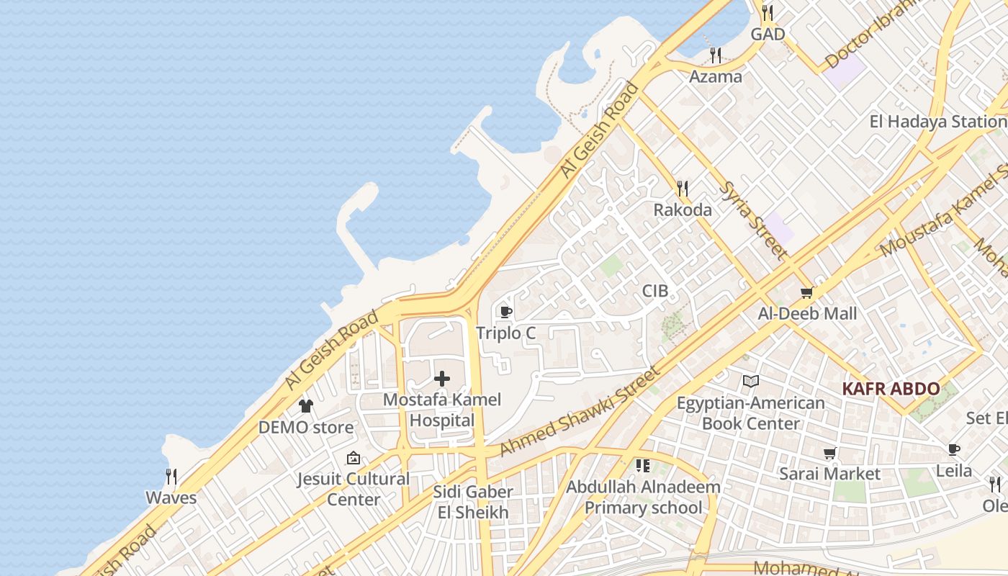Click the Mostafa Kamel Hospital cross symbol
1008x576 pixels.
(x=442, y=379)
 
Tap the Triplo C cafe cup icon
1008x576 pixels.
(x=506, y=312)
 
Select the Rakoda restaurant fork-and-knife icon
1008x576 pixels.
(x=683, y=189)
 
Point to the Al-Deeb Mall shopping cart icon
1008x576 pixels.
(x=807, y=292)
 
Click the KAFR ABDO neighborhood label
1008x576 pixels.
(x=891, y=389)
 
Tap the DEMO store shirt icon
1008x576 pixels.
(x=306, y=406)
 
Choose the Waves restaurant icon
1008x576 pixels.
(x=171, y=477)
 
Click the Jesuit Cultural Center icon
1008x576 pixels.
(x=354, y=458)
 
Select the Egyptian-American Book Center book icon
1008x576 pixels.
(x=751, y=381)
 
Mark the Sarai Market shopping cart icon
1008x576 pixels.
(x=830, y=453)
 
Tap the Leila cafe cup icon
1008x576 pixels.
(x=954, y=450)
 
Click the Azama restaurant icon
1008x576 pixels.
(x=716, y=55)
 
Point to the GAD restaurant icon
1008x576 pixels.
(x=768, y=13)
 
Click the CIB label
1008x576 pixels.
(x=655, y=291)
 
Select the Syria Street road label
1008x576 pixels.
(x=753, y=219)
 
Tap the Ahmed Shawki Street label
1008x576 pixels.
(x=579, y=412)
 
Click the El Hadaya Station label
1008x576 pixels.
(x=936, y=121)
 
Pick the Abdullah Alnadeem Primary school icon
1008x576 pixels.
(x=643, y=466)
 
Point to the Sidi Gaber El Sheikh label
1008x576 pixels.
(x=473, y=502)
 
